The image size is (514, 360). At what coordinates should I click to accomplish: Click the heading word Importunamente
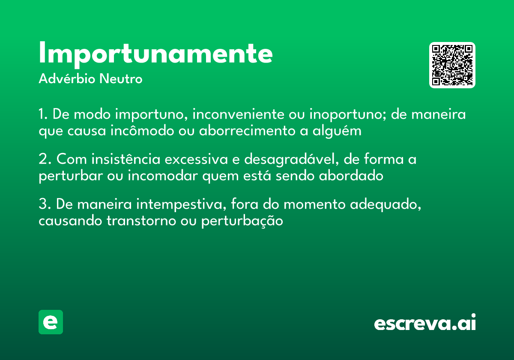pyautogui.click(x=155, y=54)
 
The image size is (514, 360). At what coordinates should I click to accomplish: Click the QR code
pyautogui.click(x=452, y=65)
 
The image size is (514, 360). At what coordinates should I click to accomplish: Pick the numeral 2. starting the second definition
pyautogui.click(x=44, y=159)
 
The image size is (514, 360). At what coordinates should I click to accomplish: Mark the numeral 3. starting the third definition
pyautogui.click(x=44, y=204)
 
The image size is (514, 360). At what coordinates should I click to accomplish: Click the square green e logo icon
pyautogui.click(x=51, y=322)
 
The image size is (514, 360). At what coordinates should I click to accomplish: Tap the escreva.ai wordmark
pyautogui.click(x=425, y=323)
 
